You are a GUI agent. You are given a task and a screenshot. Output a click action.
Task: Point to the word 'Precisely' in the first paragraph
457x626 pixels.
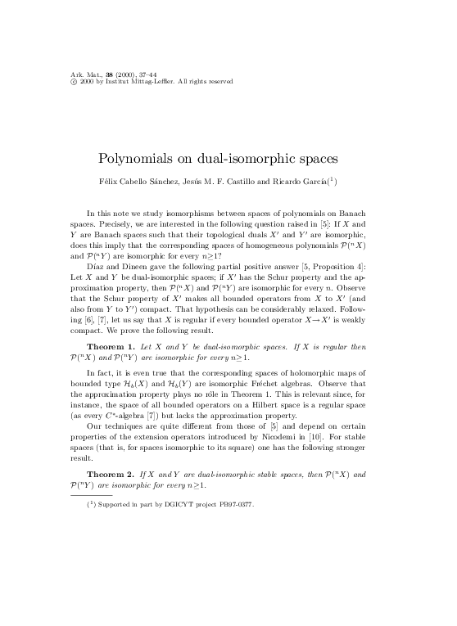(x=113, y=223)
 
